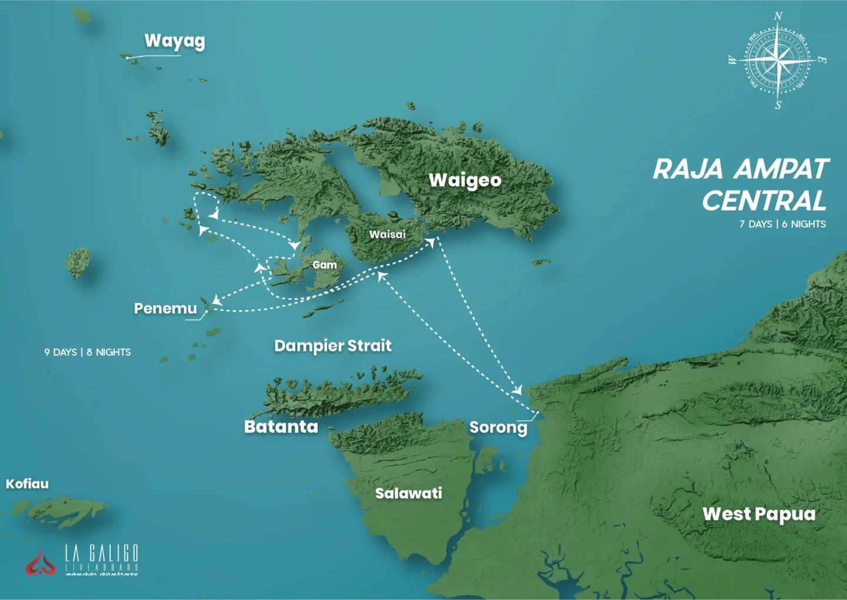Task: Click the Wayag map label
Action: pos(175,41)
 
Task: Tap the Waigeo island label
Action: pos(465,180)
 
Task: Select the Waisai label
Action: pos(387,234)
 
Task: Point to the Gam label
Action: pos(324,265)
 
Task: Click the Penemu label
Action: pos(165,309)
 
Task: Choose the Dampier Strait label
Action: pos(332,346)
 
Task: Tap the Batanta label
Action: pos(281,426)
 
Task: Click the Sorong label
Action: pos(498,427)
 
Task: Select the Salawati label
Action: pos(408,493)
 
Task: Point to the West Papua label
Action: pos(759,514)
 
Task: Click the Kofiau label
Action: pos(27,484)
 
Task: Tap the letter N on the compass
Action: pos(778,16)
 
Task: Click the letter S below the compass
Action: pos(778,105)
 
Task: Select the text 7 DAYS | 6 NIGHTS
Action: pos(782,224)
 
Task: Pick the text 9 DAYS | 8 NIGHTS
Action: pos(88,352)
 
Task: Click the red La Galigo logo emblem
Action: pos(40,562)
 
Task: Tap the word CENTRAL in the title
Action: pos(764,201)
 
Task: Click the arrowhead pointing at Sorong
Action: pos(518,390)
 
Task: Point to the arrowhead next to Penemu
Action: pos(216,300)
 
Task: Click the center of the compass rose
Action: pos(778,59)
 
